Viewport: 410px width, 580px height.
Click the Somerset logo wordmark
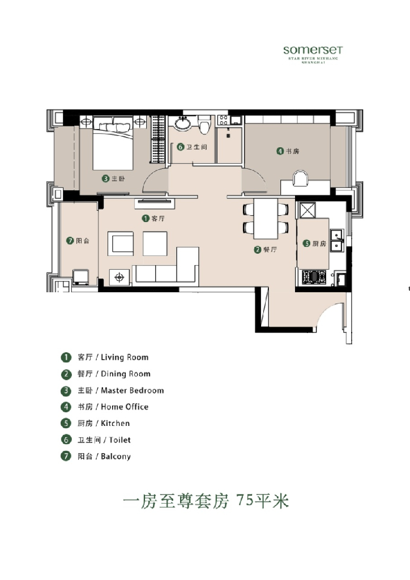313,50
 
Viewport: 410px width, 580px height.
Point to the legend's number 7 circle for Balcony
66,456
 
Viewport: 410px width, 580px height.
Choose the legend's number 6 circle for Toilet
66,440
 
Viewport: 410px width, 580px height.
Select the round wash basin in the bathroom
182,123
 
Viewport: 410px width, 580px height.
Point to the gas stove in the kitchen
313,277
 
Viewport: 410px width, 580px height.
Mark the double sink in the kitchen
338,240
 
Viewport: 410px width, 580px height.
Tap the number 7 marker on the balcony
70,241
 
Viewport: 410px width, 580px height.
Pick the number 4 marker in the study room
280,151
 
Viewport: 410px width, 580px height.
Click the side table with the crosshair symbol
119,277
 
